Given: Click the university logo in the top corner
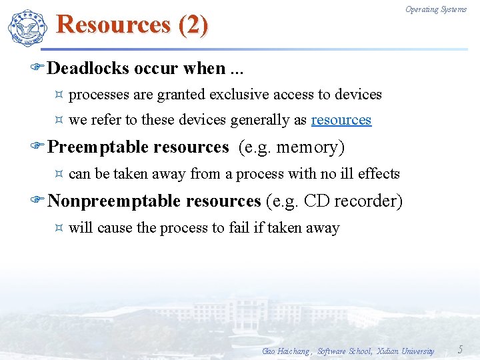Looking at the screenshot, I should click(28, 28).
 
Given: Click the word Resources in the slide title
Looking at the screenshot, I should click(114, 25).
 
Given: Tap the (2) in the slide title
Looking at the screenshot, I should click(193, 25).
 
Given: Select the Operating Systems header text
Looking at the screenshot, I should click(436, 9).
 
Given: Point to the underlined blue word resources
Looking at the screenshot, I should click(341, 120).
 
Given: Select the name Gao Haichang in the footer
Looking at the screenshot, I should click(286, 351).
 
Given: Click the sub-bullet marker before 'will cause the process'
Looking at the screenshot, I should click(59, 228).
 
